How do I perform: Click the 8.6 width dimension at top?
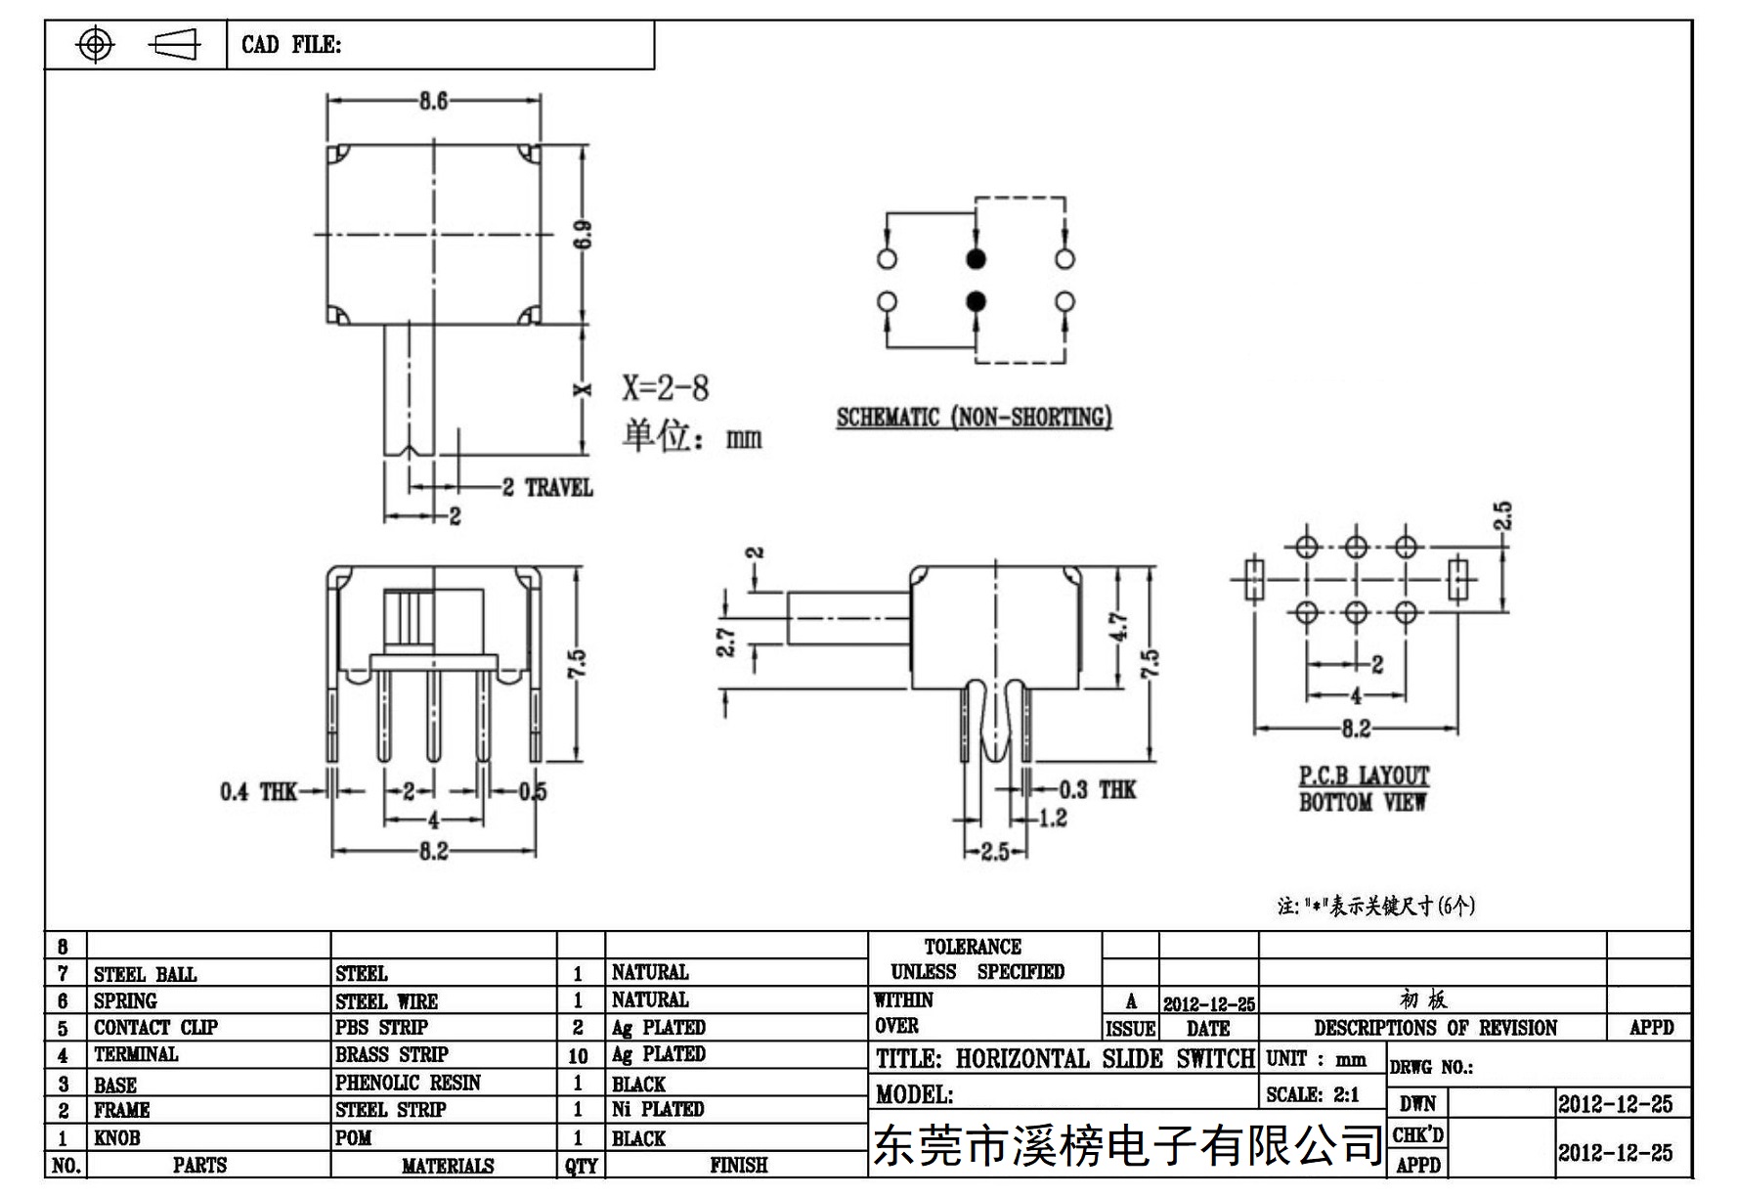433,100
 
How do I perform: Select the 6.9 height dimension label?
583,235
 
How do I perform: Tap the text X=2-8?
666,388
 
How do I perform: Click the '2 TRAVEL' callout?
547,487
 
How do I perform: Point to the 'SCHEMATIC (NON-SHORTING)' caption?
974,418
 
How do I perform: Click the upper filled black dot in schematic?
976,258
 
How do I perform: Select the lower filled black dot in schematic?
976,301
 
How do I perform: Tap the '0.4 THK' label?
258,791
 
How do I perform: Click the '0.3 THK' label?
1098,789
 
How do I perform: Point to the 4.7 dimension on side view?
1119,627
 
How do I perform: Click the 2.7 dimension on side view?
726,643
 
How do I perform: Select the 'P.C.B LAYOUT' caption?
1364,776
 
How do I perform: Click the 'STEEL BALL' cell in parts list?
145,974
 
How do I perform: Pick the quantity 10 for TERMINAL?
578,1056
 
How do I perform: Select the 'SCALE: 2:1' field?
1313,1094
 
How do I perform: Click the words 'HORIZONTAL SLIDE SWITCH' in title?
1105,1058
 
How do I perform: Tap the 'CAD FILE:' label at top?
291,44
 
